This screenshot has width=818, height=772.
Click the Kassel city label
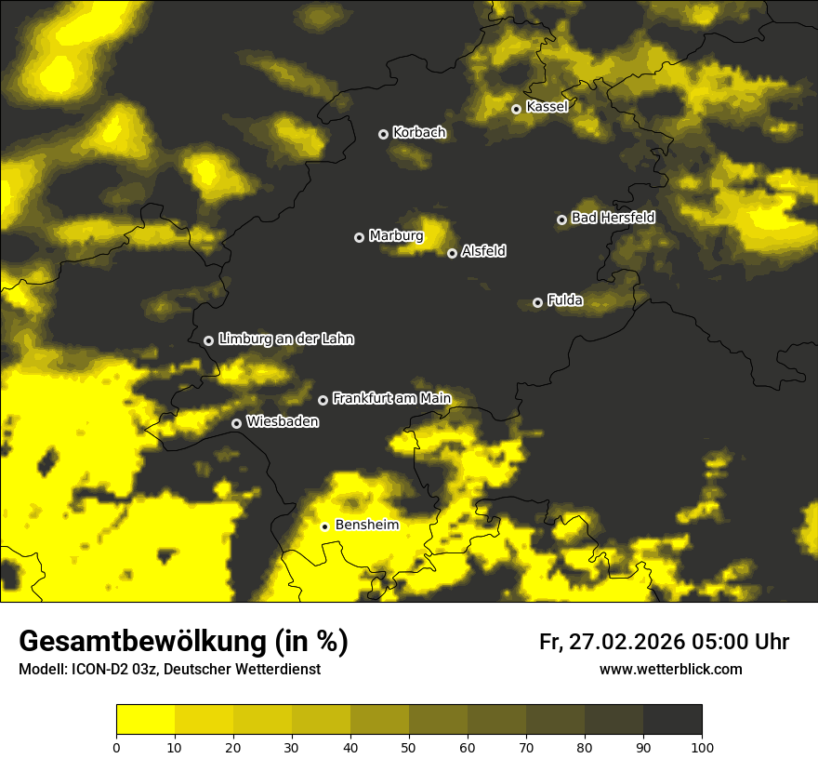[x=547, y=107]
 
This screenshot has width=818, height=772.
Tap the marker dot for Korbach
[x=383, y=134]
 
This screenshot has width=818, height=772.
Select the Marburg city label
[x=396, y=236]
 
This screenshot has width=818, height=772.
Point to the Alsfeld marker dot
[x=452, y=253]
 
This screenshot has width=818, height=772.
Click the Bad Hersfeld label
[x=613, y=218]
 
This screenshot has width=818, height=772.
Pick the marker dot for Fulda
[x=537, y=302]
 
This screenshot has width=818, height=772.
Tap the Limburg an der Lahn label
[x=285, y=339]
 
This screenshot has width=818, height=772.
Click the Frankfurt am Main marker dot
[x=323, y=400]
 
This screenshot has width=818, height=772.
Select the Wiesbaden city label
[x=283, y=422]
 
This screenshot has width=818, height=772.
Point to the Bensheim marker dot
[x=324, y=526]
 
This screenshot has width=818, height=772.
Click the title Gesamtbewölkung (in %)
[x=183, y=642]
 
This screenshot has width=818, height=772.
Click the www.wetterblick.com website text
[x=671, y=669]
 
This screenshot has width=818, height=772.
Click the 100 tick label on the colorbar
[x=702, y=747]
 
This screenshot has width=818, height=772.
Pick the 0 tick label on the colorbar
[x=116, y=747]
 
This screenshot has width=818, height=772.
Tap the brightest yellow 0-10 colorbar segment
[x=145, y=719]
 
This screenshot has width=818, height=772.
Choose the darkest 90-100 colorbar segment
[x=672, y=719]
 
